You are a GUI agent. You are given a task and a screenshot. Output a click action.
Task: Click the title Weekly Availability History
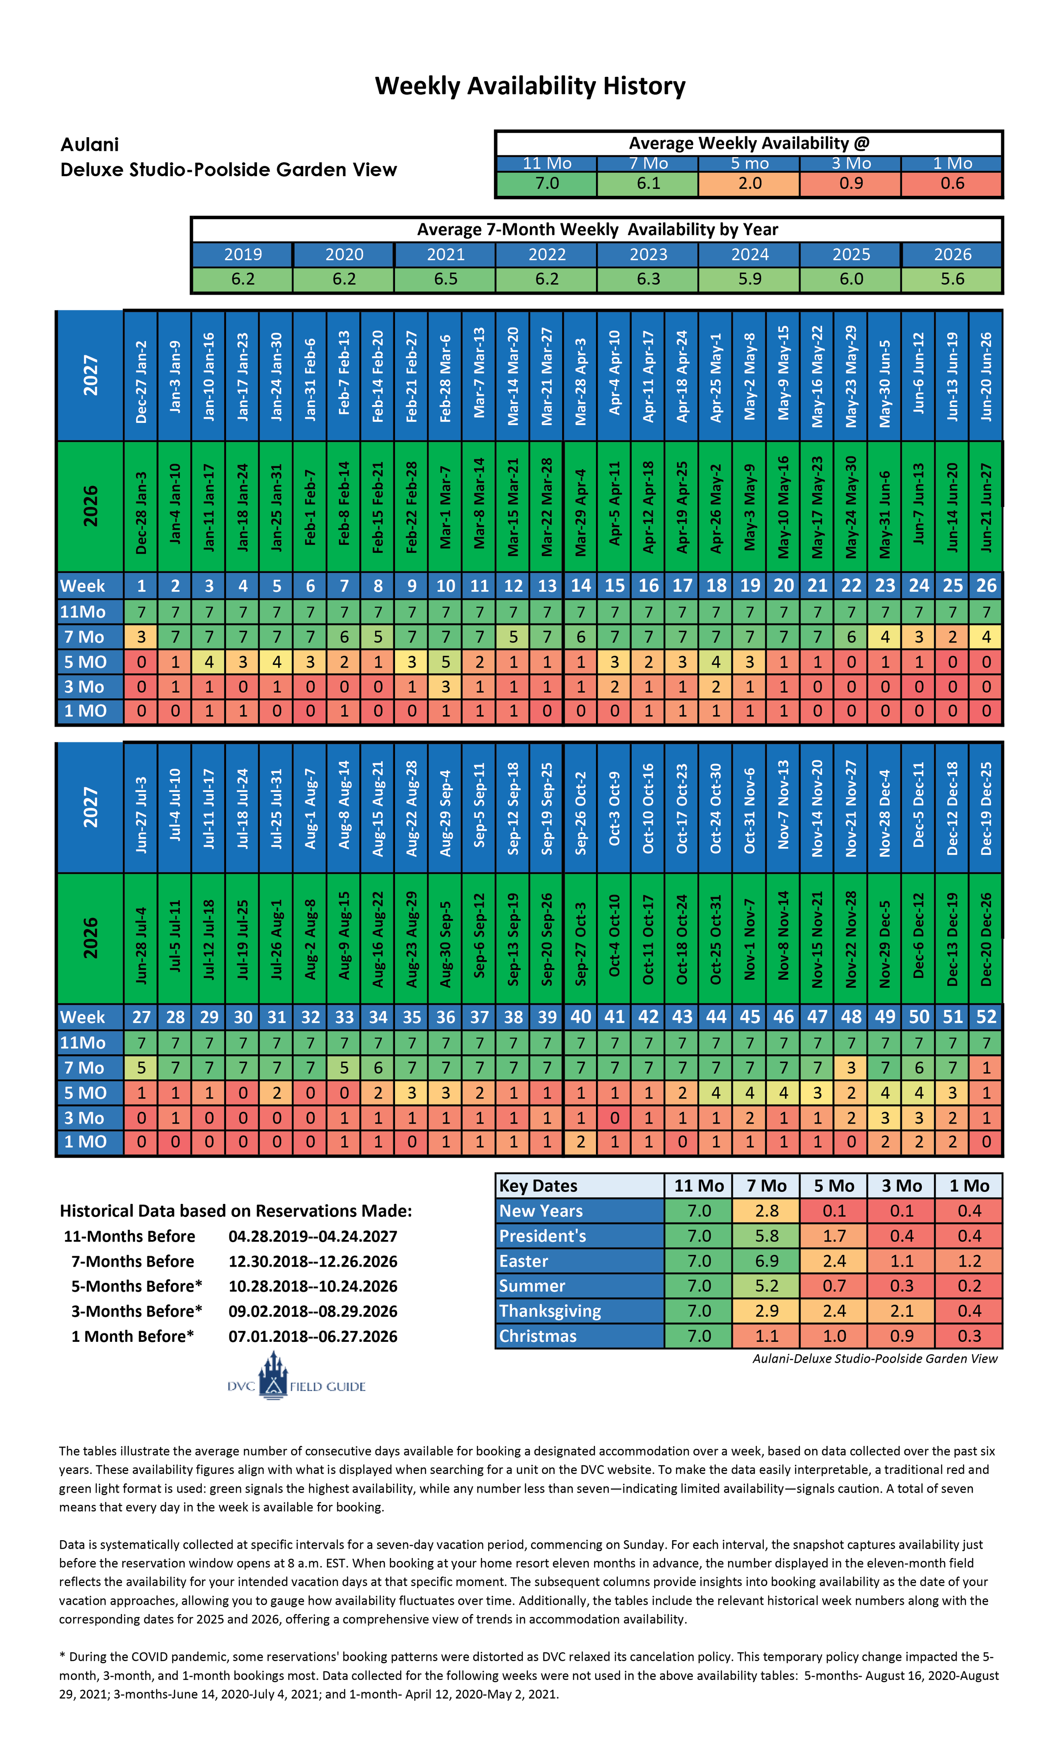pyautogui.click(x=530, y=86)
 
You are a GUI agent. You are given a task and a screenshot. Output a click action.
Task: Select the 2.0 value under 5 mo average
pyautogui.click(x=750, y=183)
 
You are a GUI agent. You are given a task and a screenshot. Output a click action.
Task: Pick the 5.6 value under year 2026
pyautogui.click(x=952, y=279)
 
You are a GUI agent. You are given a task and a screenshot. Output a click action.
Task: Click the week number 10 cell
pyautogui.click(x=445, y=586)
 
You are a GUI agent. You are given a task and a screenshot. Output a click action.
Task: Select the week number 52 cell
pyautogui.click(x=986, y=1017)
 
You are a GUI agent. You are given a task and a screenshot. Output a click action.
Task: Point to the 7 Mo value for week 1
pyautogui.click(x=141, y=637)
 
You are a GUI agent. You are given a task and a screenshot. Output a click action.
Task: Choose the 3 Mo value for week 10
pyautogui.click(x=445, y=687)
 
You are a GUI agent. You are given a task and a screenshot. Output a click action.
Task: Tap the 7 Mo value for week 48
pyautogui.click(x=851, y=1068)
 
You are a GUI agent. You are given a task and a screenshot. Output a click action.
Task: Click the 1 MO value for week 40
pyautogui.click(x=581, y=1142)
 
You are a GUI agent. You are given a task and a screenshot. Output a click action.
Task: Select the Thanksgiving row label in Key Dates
pyautogui.click(x=550, y=1311)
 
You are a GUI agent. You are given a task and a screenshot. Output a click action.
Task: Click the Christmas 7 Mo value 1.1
pyautogui.click(x=767, y=1335)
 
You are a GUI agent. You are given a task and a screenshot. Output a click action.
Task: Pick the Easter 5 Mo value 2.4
pyautogui.click(x=834, y=1261)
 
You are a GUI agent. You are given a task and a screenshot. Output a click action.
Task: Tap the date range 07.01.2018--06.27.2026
pyautogui.click(x=313, y=1336)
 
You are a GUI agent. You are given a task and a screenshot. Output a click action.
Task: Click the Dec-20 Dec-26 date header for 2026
pyautogui.click(x=986, y=939)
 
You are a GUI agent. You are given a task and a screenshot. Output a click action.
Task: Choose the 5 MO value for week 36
pyautogui.click(x=445, y=1093)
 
